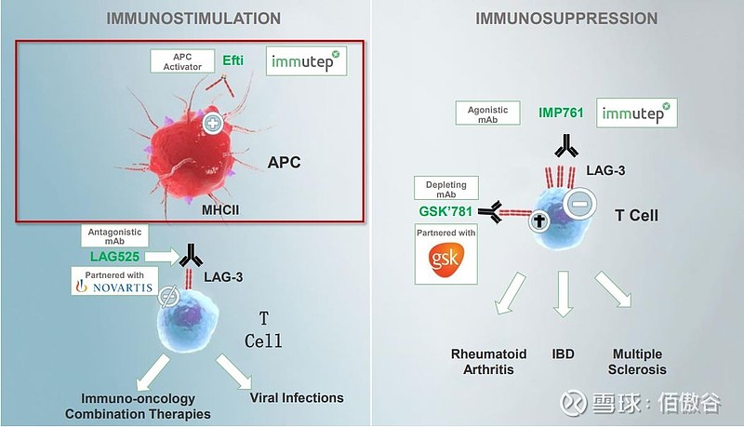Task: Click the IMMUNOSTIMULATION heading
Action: tap(193, 18)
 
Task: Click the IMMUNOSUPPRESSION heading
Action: tap(566, 18)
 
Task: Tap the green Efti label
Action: tap(233, 61)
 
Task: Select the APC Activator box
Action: tap(182, 61)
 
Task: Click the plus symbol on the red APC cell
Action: tap(214, 122)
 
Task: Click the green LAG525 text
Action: tap(120, 253)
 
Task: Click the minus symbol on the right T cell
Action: tap(578, 202)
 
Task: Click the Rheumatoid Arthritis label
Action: tap(488, 362)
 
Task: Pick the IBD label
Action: tap(564, 354)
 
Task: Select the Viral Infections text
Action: tap(297, 398)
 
